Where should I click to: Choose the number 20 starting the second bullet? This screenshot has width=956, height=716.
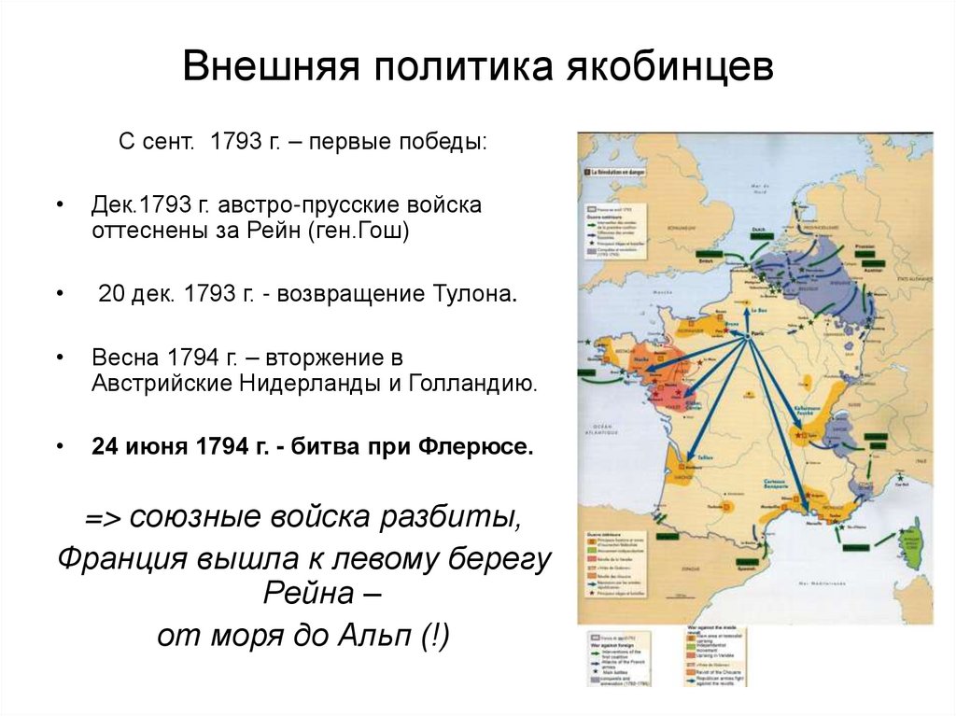tap(110, 294)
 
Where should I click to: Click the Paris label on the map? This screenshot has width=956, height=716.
tap(745, 330)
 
